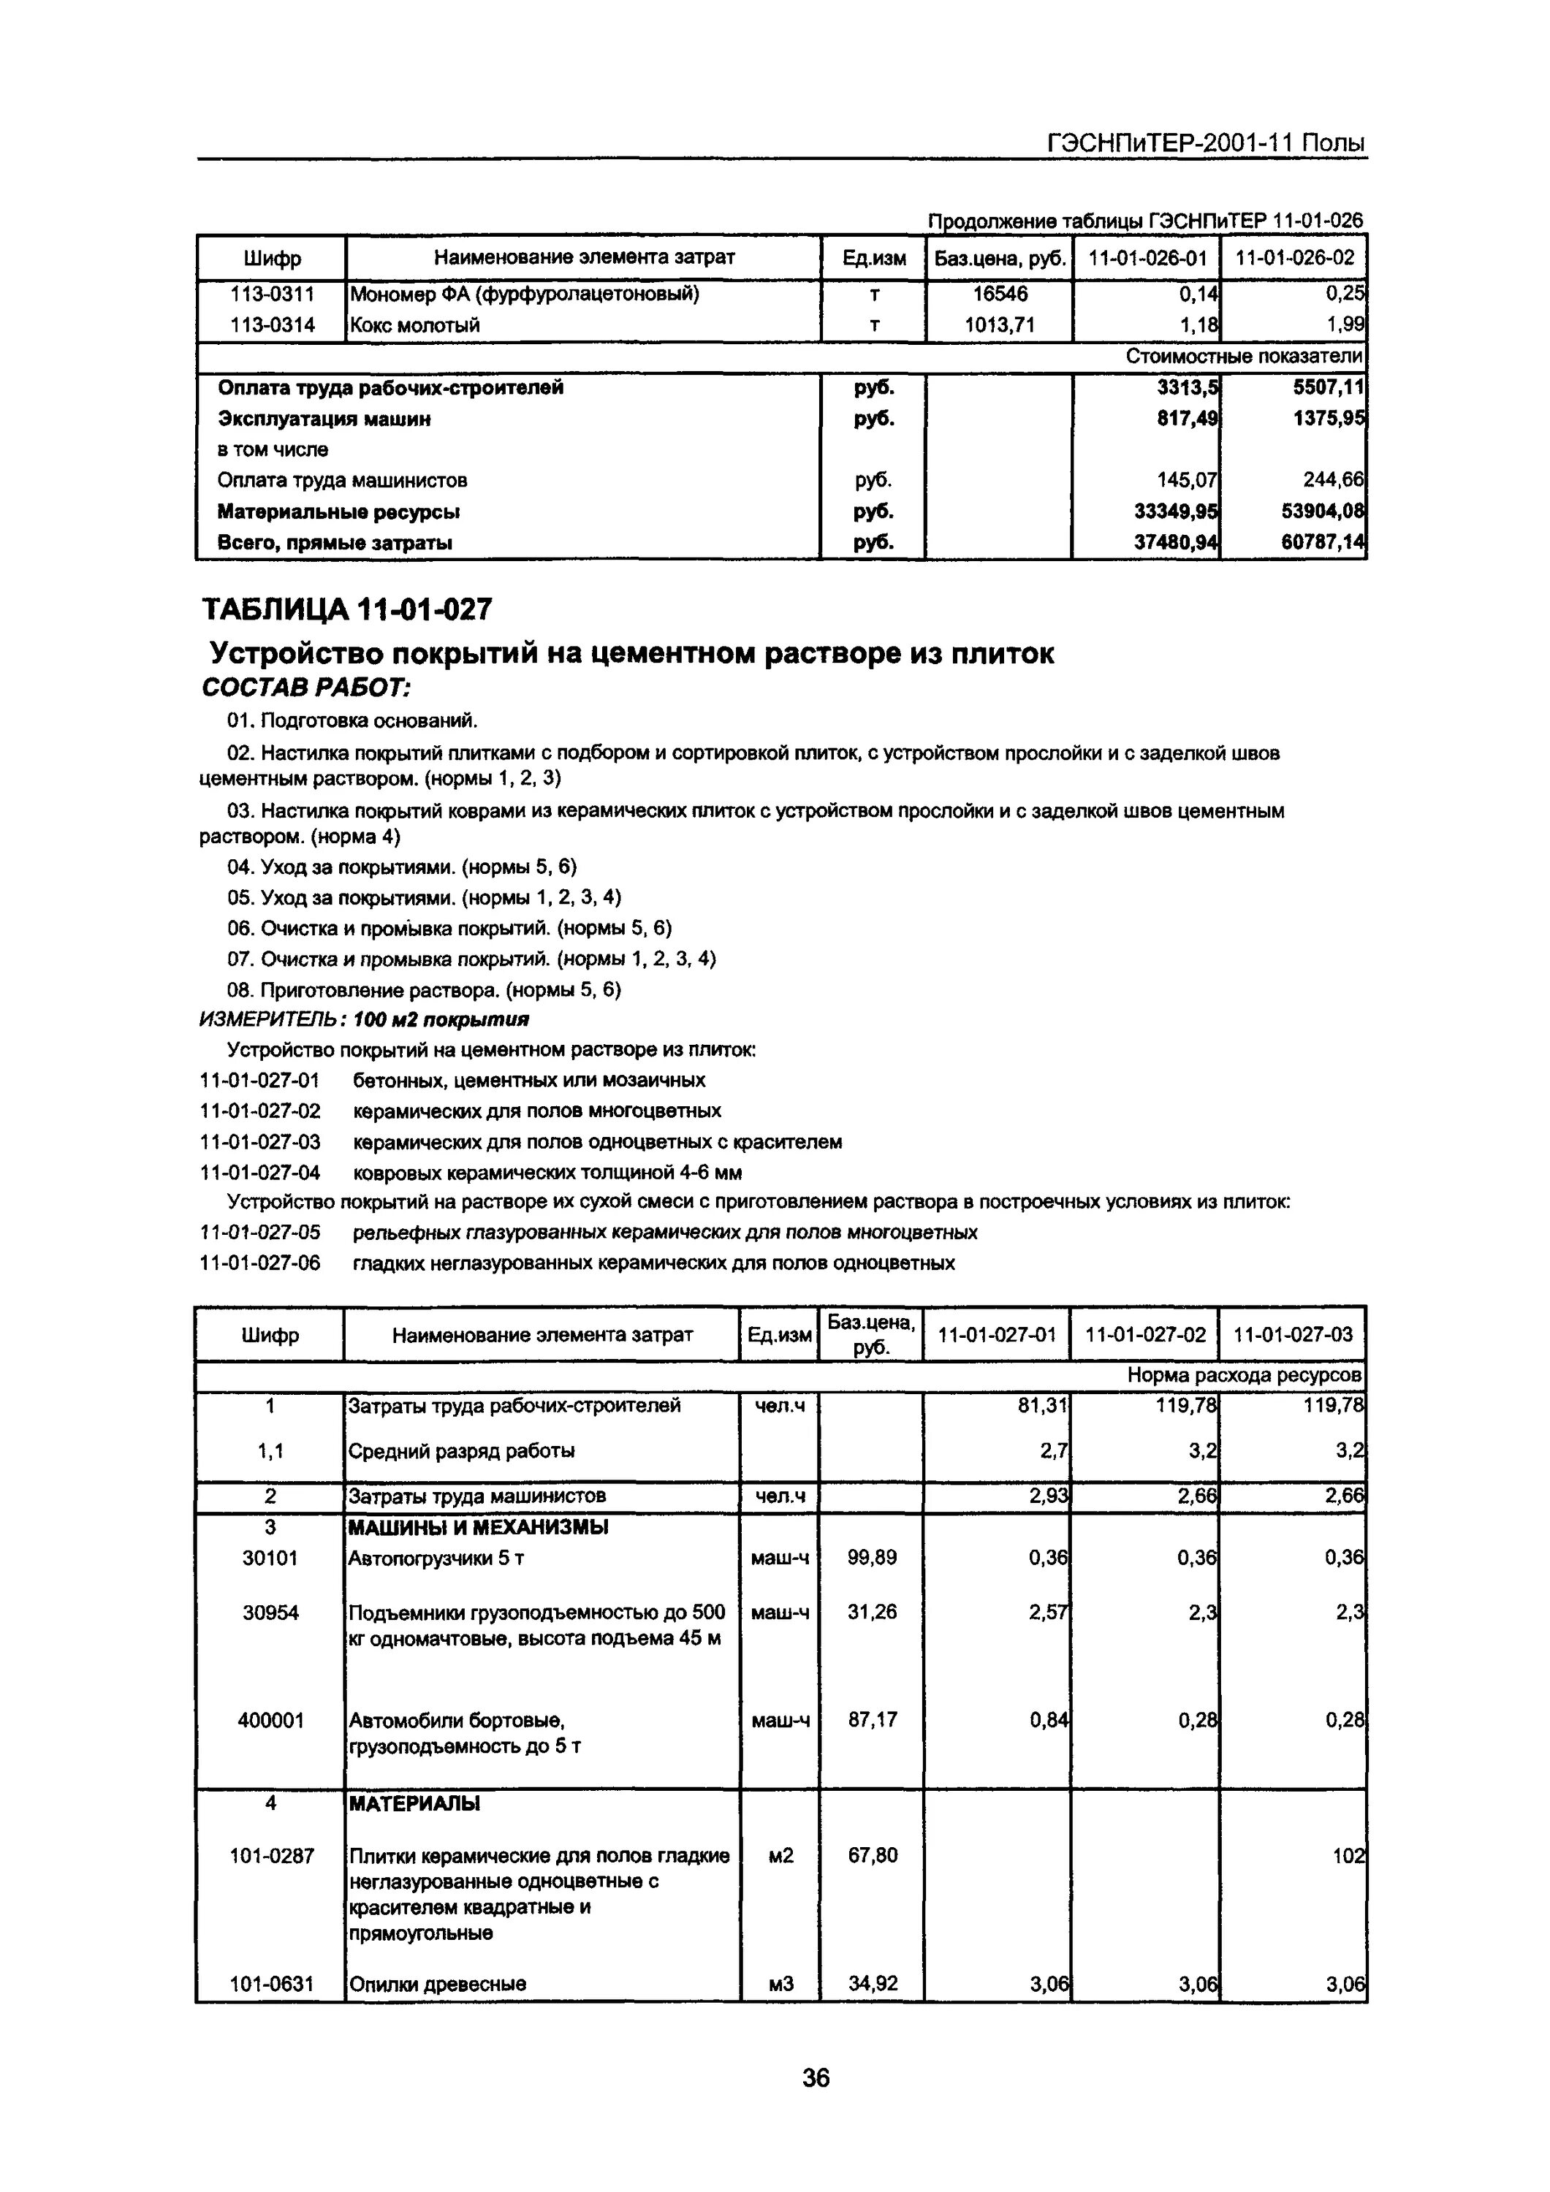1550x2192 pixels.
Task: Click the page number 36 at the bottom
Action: (816, 2077)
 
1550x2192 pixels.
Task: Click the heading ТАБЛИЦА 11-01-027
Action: (348, 608)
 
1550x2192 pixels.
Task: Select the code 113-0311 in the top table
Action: (272, 294)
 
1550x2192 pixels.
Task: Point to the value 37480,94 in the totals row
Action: (1176, 543)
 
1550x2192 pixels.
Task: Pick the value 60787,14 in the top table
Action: (1323, 543)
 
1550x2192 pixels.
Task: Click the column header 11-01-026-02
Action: (1294, 258)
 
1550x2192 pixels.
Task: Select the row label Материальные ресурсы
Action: (339, 511)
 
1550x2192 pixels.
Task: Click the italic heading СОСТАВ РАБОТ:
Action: (306, 688)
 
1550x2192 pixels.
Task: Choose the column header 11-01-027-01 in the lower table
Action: (997, 1333)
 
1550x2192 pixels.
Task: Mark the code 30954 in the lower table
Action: (270, 1613)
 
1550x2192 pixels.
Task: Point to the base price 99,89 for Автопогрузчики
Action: (872, 1557)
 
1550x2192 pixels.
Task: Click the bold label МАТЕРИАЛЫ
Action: (414, 1803)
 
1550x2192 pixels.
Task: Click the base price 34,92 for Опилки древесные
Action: (872, 1983)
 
